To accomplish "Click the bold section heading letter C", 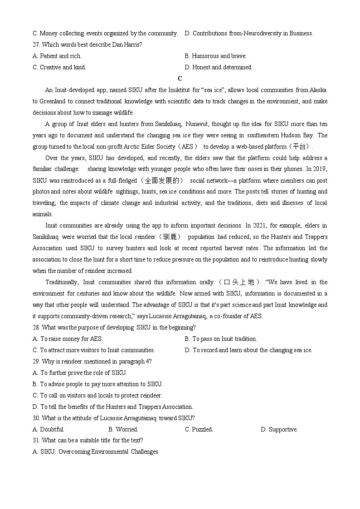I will [180, 78].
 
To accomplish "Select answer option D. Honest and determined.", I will [218, 67].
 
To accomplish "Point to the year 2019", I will [320, 169].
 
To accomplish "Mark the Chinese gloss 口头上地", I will [239, 282].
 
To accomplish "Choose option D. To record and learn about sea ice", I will [248, 350].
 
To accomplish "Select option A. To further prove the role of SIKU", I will [80, 373].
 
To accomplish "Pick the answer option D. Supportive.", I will [279, 429].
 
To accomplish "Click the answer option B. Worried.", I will [123, 429].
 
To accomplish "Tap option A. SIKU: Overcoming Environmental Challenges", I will [95, 451].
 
